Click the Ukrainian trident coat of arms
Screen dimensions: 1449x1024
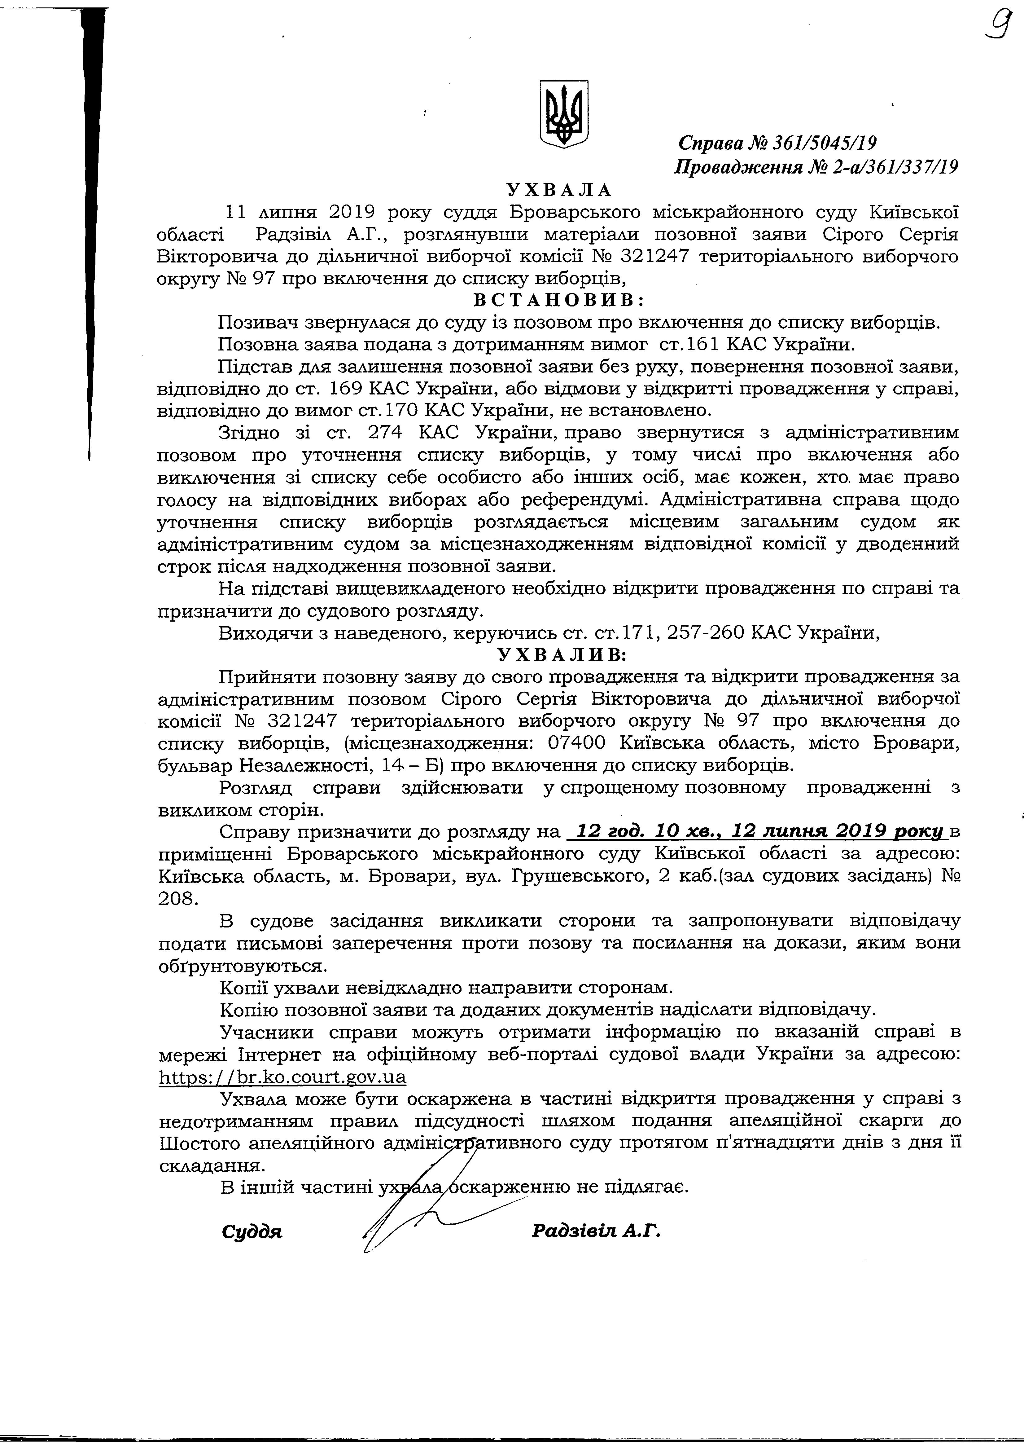[564, 114]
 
